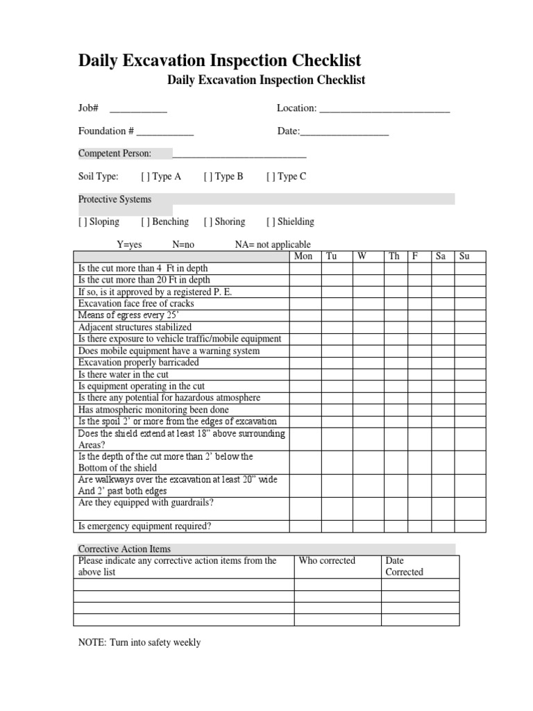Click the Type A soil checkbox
click(x=144, y=176)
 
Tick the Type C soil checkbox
click(x=270, y=176)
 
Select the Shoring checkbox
click(x=208, y=222)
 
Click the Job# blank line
click(x=138, y=110)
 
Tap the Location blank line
click(x=384, y=110)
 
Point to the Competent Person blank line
click(x=239, y=155)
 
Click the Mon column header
click(x=303, y=256)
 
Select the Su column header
click(x=464, y=256)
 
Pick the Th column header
click(x=394, y=256)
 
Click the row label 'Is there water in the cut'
click(x=124, y=374)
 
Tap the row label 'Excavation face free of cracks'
click(x=136, y=303)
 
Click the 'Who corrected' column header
click(x=327, y=561)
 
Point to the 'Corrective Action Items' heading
click(x=124, y=549)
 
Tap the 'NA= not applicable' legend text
click(x=273, y=244)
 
